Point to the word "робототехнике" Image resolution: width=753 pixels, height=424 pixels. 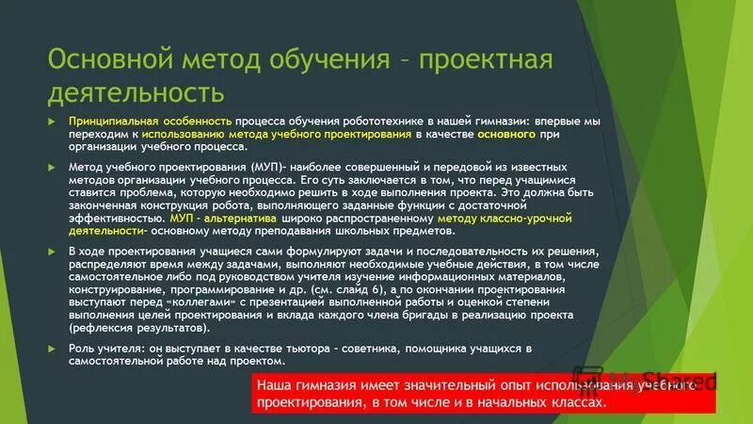[393, 122]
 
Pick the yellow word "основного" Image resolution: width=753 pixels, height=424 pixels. [508, 135]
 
